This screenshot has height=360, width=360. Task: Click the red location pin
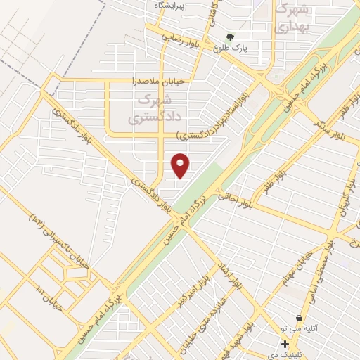tap(181, 165)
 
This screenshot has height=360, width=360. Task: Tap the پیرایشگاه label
tap(169, 5)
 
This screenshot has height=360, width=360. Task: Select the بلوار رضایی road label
tap(181, 37)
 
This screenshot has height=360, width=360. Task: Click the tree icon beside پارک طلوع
tap(229, 37)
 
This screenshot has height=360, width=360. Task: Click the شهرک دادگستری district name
tap(150, 110)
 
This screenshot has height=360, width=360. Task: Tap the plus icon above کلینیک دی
tap(285, 344)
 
